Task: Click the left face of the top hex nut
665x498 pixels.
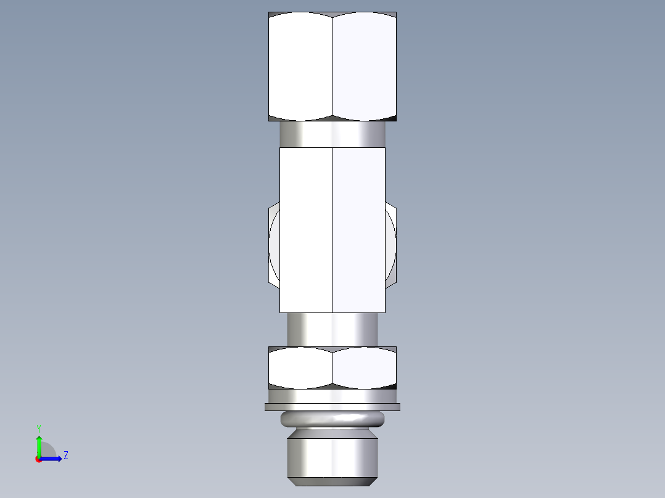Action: [x=300, y=67]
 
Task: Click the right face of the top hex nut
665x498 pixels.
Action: [x=364, y=67]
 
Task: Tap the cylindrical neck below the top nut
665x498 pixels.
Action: [x=332, y=134]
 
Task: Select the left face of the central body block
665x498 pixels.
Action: [x=306, y=229]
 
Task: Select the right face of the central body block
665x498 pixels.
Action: [x=359, y=229]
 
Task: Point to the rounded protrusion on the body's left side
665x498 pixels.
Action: [x=275, y=245]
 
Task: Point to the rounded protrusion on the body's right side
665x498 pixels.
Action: [x=390, y=245]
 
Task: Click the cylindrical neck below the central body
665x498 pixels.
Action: [x=332, y=329]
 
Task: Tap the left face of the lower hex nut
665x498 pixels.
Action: [x=300, y=367]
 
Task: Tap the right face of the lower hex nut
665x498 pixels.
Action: [x=364, y=367]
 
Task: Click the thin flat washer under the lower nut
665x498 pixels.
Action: [x=332, y=407]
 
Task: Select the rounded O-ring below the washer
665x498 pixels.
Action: [x=332, y=420]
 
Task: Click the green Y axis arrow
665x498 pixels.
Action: [x=39, y=444]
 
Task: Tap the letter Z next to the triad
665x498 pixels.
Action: [x=65, y=455]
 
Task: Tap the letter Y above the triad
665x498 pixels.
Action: [x=38, y=428]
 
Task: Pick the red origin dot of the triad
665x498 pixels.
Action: [x=38, y=459]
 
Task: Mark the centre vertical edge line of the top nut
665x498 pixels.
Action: [x=332, y=67]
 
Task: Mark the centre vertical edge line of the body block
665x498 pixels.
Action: [x=332, y=229]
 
